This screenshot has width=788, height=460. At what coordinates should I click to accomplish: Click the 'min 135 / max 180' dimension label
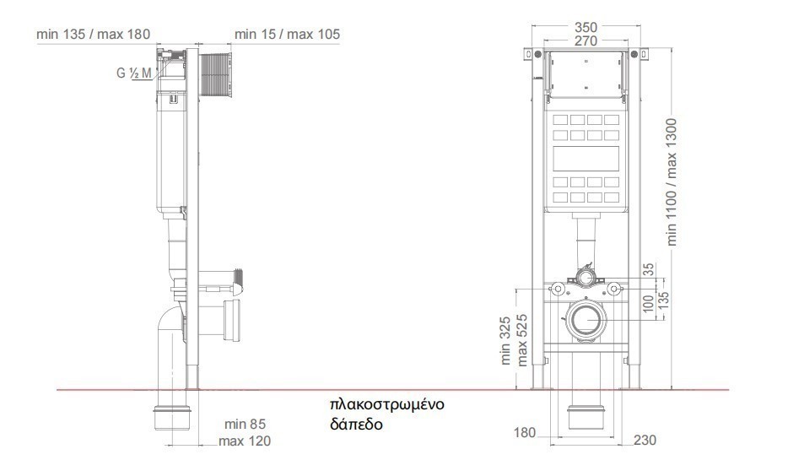93,35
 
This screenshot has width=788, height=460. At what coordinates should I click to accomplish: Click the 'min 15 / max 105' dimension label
287,35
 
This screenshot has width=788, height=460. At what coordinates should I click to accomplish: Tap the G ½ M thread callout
133,73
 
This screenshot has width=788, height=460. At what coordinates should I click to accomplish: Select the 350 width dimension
586,27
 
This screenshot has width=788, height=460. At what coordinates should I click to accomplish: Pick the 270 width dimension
586,41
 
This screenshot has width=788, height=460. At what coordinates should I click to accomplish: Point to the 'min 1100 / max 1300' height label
672,182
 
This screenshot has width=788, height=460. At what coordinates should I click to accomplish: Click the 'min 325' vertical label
505,340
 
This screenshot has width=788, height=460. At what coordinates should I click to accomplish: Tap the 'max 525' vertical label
522,340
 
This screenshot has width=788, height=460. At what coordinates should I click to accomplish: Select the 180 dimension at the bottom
524,432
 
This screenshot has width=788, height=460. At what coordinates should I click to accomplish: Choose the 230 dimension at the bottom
645,441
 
